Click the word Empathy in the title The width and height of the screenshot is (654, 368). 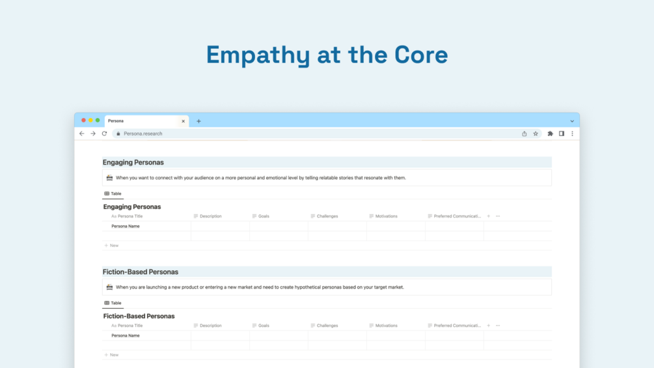click(258, 55)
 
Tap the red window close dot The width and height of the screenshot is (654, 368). click(83, 120)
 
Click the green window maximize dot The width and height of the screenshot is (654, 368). click(98, 120)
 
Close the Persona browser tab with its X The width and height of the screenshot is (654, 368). click(183, 121)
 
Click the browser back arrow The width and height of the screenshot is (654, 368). click(82, 134)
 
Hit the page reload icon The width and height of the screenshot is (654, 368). click(104, 134)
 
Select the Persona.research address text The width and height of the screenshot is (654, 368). click(143, 134)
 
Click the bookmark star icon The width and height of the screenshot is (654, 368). click(536, 134)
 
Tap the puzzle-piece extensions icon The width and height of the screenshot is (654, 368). click(550, 134)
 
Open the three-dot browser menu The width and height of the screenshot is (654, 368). click(572, 134)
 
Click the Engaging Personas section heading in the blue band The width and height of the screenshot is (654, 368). click(133, 162)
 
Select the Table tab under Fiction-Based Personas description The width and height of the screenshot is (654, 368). click(113, 303)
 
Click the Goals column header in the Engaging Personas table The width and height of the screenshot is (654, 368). click(264, 216)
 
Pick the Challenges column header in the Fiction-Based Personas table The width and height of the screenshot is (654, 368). click(327, 326)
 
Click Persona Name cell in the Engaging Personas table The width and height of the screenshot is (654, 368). click(126, 226)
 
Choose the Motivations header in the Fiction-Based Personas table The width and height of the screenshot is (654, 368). click(387, 326)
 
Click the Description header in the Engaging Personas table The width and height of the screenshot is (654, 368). click(211, 216)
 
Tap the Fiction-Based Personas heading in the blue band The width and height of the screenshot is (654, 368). click(141, 272)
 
